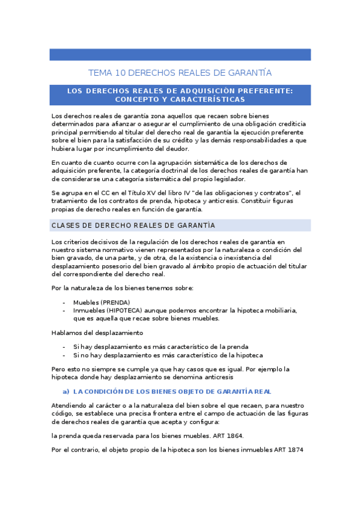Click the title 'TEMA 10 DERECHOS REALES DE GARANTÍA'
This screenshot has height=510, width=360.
[x=180, y=73]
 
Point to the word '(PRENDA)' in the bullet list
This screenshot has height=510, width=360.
[x=115, y=302]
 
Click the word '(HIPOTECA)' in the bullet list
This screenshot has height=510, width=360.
[x=126, y=310]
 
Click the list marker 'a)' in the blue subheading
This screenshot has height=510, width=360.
[x=67, y=391]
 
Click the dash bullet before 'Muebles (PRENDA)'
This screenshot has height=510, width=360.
[x=64, y=302]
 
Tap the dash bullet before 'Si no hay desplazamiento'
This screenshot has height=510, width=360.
[x=64, y=355]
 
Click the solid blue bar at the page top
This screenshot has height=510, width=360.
[x=180, y=55]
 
